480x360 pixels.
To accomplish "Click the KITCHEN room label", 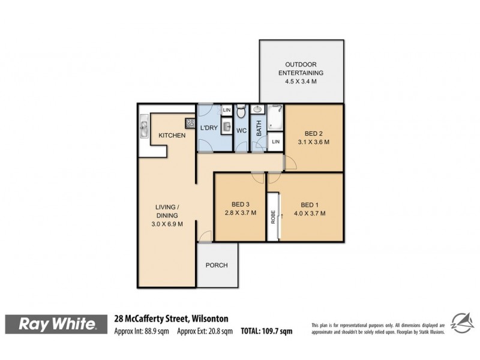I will pyautogui.click(x=172, y=136).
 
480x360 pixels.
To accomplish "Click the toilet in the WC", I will pyautogui.click(x=241, y=112).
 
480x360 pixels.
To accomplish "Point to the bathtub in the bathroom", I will pyautogui.click(x=275, y=118).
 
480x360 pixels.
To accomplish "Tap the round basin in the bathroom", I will pyautogui.click(x=257, y=110).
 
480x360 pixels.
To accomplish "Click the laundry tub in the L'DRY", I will pyautogui.click(x=226, y=127).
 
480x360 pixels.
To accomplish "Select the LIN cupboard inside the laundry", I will pyautogui.click(x=226, y=110).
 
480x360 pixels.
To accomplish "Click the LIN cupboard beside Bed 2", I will pyautogui.click(x=275, y=142).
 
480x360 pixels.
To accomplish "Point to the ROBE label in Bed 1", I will pyautogui.click(x=273, y=217).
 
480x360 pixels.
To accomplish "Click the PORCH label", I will pyautogui.click(x=217, y=266).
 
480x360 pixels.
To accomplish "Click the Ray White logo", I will pyautogui.click(x=58, y=324).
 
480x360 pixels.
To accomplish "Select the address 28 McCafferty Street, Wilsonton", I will pyautogui.click(x=171, y=319).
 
